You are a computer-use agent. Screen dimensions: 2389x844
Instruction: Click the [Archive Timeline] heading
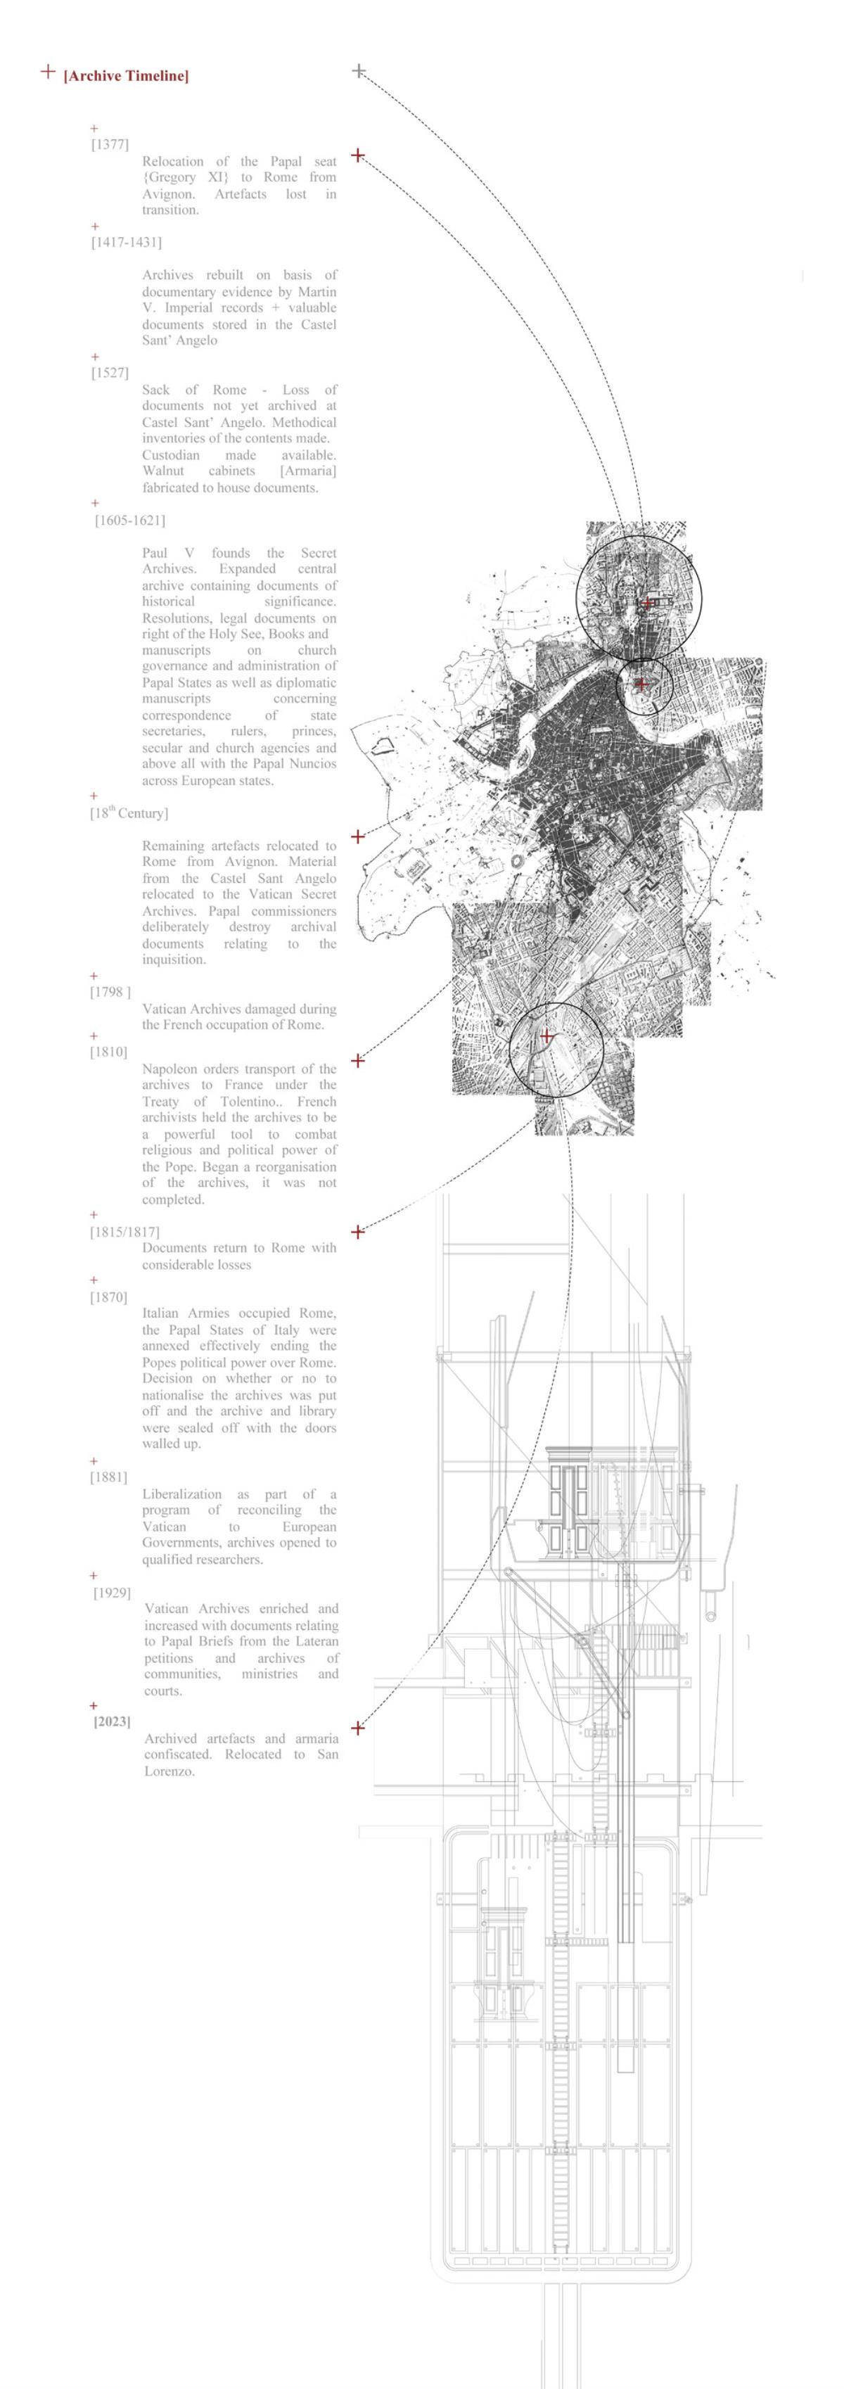click(x=125, y=76)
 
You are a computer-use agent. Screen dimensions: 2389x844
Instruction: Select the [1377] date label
click(x=110, y=145)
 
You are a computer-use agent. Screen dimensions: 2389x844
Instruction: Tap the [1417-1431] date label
click(x=126, y=242)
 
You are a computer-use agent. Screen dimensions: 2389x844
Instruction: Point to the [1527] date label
click(x=110, y=373)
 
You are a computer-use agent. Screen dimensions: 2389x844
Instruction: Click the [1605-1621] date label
click(x=130, y=521)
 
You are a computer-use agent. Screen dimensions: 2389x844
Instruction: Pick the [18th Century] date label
click(x=129, y=813)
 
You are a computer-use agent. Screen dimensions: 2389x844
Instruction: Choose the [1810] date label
click(x=108, y=1052)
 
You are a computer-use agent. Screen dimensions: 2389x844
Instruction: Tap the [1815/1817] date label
click(x=124, y=1232)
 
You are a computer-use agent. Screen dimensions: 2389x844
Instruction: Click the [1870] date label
click(x=108, y=1297)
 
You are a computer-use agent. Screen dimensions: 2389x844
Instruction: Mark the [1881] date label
click(x=108, y=1477)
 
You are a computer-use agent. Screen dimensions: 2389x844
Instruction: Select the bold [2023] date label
click(x=111, y=1721)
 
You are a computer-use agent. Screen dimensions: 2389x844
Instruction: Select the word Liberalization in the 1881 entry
click(x=181, y=1494)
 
